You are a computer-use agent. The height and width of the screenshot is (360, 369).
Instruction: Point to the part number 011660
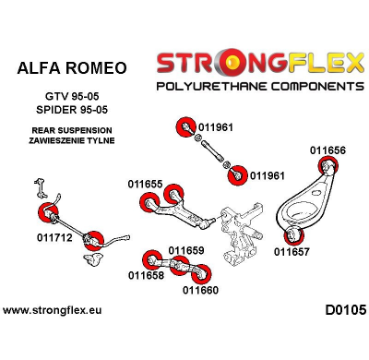pyautogui.click(x=200, y=289)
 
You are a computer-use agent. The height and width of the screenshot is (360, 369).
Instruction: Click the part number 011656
pyautogui.click(x=327, y=150)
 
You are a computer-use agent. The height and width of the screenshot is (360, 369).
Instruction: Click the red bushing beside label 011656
pyautogui.click(x=326, y=167)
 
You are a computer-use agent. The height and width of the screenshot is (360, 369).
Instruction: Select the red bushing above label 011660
pyautogui.click(x=205, y=272)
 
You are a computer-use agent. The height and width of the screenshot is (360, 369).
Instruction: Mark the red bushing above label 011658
pyautogui.click(x=150, y=257)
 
